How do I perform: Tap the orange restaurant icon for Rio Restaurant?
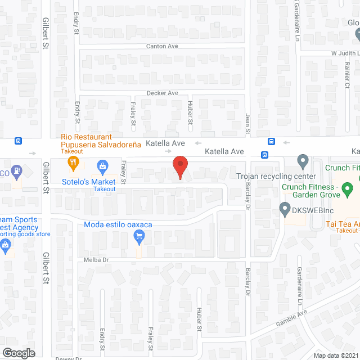(73, 165)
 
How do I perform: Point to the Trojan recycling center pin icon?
(303, 163)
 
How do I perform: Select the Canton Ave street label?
(162, 46)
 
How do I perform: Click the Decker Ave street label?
(162, 93)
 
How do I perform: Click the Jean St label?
(247, 123)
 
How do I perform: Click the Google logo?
(18, 353)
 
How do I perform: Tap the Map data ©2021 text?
(335, 355)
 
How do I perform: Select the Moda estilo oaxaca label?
(118, 225)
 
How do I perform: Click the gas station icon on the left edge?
(17, 169)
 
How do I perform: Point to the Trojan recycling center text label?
(276, 177)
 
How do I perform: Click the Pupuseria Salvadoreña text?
(101, 145)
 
